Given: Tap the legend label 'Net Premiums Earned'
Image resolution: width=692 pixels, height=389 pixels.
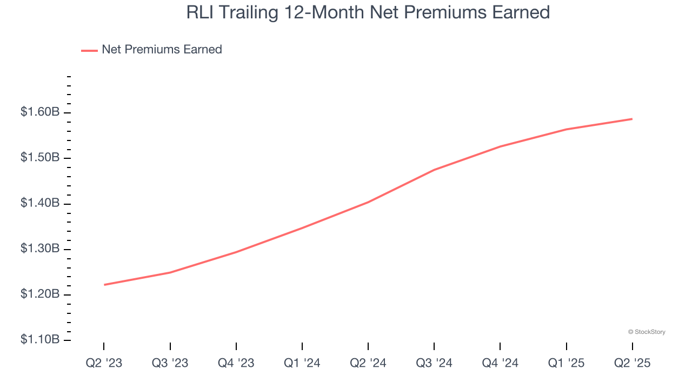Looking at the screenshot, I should pos(162,50).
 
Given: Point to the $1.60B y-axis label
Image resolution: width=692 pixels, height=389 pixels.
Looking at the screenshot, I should pos(40,112).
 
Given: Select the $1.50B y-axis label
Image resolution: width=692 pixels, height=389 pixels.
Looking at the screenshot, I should pos(40,158).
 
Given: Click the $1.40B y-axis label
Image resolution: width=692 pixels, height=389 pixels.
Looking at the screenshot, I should pos(40,203).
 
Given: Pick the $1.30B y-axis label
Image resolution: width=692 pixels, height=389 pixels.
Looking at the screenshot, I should pos(40,249).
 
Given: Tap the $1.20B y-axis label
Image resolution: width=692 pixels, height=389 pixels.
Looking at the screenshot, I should pos(40,294).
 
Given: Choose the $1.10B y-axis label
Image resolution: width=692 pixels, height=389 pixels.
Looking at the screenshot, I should pos(40,340).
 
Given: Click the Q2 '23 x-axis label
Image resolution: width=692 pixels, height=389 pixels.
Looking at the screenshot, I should pos(104,363).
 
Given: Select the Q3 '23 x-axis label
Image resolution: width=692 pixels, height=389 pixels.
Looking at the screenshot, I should pos(170,363).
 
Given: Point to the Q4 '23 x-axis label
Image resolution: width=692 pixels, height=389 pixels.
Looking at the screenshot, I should pos(236,363).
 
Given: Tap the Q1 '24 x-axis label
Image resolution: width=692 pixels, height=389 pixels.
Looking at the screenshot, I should pos(302,363).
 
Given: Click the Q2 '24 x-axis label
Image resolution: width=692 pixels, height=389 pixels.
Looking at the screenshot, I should pos(368,363).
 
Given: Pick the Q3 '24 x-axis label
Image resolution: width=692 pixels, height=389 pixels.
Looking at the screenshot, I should pos(434,363).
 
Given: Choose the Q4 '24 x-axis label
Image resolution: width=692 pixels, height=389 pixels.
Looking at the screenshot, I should pos(500,363).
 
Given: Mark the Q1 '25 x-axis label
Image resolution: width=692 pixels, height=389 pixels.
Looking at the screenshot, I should pos(566,363).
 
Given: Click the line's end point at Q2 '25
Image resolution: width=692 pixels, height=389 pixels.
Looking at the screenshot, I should pos(632,119).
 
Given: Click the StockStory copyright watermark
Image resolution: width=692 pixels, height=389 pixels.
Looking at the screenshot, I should pos(647,332).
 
